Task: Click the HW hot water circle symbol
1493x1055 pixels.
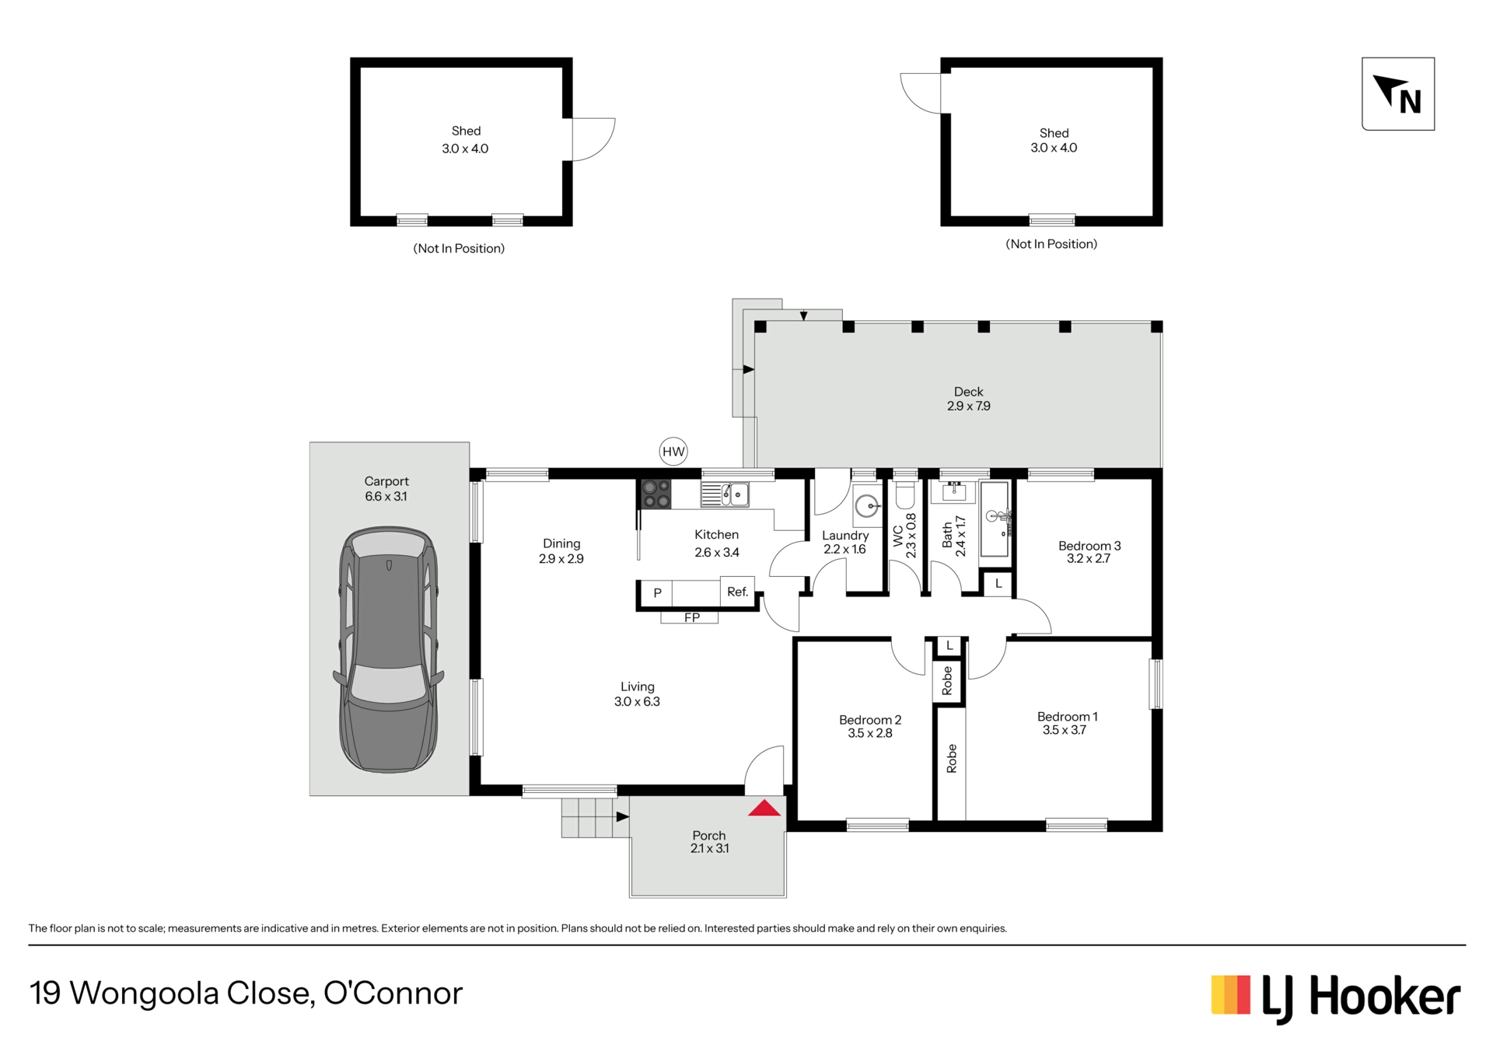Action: coord(673,452)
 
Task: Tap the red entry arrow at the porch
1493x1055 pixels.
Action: coord(764,809)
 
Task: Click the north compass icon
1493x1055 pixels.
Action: coord(1398,94)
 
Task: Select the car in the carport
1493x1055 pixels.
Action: coord(388,649)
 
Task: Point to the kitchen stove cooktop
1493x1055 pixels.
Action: coord(656,494)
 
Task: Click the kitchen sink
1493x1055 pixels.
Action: coord(725,494)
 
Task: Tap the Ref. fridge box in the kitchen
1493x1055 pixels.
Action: coord(737,592)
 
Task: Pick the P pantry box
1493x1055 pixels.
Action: coord(657,593)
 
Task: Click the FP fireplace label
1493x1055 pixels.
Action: coord(691,618)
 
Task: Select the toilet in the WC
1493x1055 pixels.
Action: coord(905,495)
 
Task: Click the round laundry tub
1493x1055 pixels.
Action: coord(866,506)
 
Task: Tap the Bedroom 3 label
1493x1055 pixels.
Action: coord(1089,552)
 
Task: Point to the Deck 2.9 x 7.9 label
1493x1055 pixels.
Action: coord(969,399)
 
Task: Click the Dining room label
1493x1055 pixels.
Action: coord(561,551)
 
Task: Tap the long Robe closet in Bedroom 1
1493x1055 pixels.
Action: coord(951,763)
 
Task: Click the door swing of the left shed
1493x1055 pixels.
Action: coord(594,139)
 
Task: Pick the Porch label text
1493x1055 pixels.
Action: coord(709,836)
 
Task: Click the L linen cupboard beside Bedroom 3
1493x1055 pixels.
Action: coord(998,583)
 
